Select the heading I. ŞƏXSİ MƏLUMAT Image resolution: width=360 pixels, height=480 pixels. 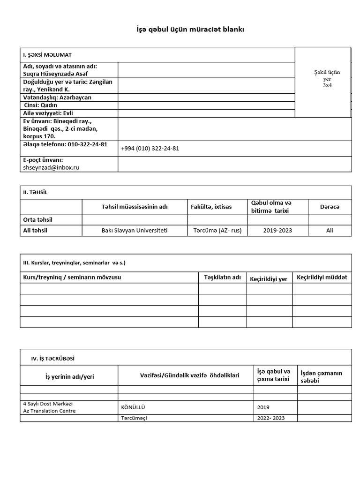[47, 55]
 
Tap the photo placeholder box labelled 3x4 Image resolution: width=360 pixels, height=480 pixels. [322, 82]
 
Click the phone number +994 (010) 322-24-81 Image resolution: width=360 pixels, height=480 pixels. [150, 148]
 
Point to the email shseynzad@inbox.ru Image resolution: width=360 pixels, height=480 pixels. [52, 167]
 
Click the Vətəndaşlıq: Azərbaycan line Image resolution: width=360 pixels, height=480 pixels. [57, 97]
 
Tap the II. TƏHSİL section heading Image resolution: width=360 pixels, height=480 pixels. [35, 192]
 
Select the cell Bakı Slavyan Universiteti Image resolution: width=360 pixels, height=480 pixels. [134, 230]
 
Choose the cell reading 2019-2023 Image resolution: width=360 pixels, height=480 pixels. [277, 230]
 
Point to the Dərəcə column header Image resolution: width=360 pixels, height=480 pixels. [330, 207]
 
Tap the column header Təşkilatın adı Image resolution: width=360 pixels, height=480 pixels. [222, 277]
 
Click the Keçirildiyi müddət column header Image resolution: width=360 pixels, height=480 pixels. [322, 277]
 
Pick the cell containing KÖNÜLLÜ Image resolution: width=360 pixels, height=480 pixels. [133, 407]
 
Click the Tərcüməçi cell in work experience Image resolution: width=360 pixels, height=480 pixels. [134, 418]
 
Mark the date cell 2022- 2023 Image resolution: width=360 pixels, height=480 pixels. [271, 418]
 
